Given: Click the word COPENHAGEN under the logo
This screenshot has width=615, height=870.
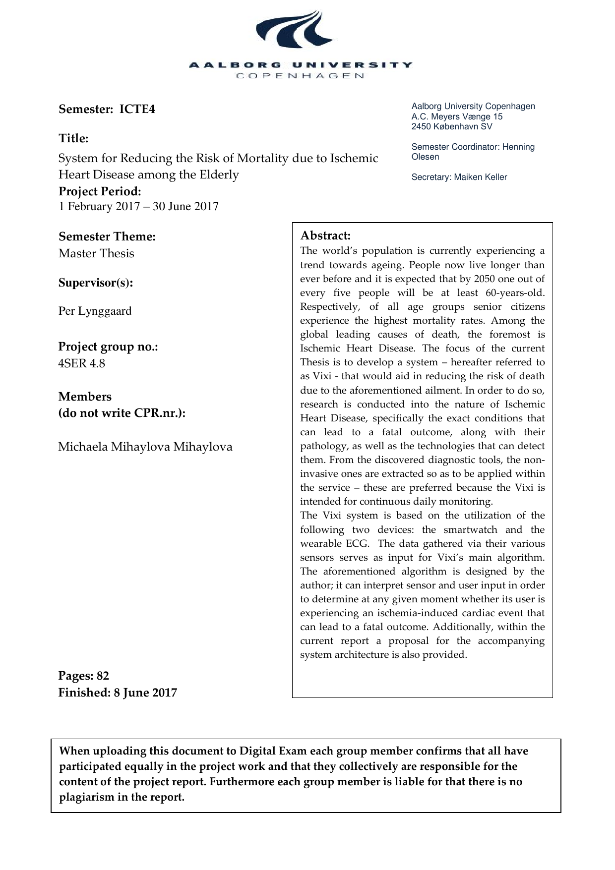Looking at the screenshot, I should pos(300,76).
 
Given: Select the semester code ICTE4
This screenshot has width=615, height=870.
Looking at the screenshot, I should pos(137,109).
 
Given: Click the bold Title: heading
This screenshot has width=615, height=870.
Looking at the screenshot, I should pos(73,138).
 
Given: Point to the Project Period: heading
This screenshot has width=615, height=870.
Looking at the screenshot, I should pos(100,191).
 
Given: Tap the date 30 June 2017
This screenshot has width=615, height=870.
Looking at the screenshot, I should pos(185,206).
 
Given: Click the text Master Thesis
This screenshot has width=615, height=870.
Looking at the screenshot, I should pos(96,253).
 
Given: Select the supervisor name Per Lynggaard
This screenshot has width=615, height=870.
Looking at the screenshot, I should pos(95,311).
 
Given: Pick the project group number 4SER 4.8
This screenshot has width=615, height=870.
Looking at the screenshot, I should pos(81,363).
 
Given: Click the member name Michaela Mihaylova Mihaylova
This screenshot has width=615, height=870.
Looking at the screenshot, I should pos(145,447).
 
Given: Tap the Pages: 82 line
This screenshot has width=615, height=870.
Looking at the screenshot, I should pos(83,676).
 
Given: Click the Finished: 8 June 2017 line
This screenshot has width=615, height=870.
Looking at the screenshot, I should pos(118,693).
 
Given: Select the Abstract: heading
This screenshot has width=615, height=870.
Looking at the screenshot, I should pos(325,235).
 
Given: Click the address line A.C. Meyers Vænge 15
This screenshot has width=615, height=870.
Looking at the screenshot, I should pos(457,116).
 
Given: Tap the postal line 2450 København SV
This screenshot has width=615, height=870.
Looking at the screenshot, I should pos(452,126).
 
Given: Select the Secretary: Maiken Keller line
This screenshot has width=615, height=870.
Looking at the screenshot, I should pos(459,177).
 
